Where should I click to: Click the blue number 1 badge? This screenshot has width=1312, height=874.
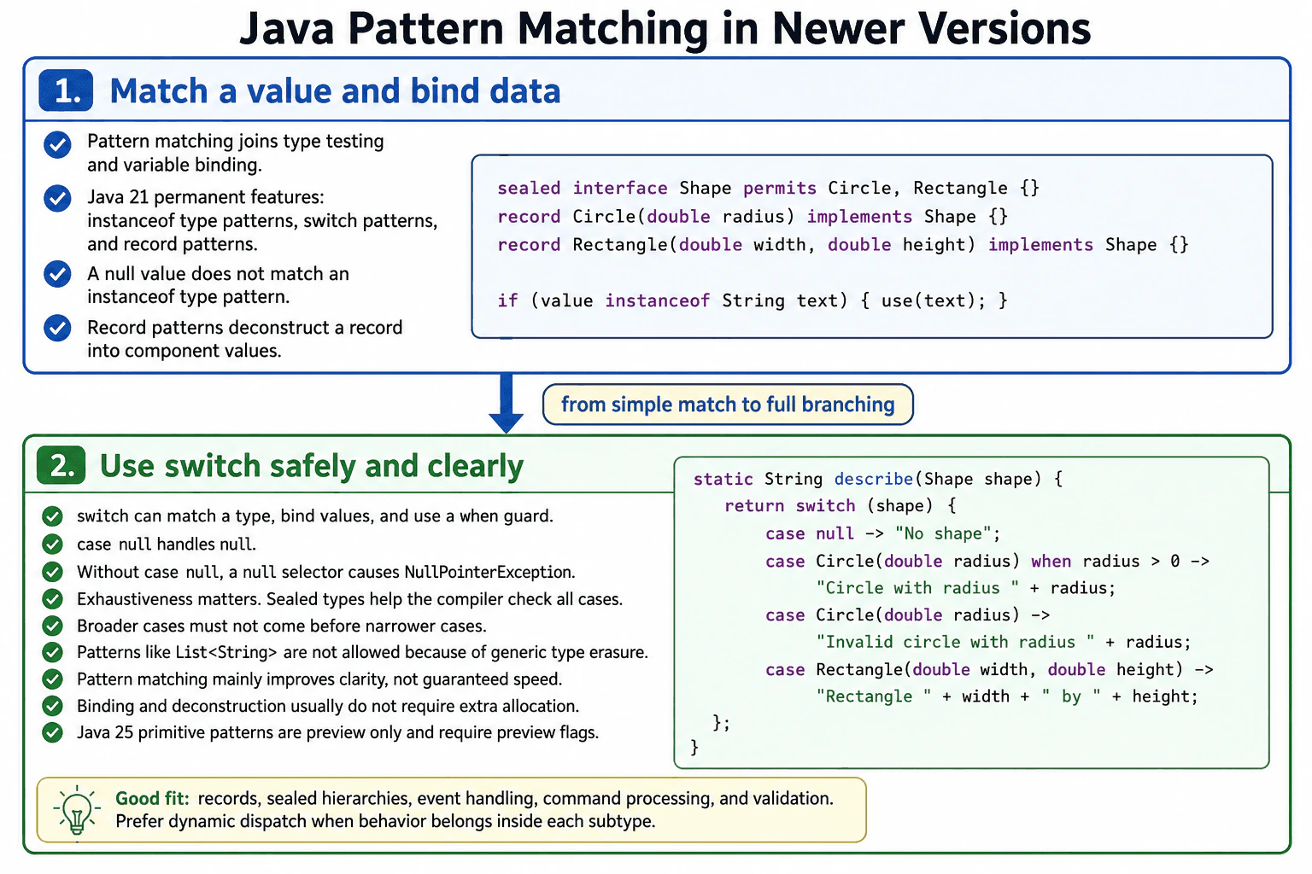pos(66,90)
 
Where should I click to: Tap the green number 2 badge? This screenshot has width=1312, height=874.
pos(61,465)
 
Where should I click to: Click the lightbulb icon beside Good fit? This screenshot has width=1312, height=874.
pos(77,811)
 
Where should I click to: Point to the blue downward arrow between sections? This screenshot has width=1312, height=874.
pos(506,404)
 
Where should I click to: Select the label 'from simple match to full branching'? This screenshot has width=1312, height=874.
pos(728,405)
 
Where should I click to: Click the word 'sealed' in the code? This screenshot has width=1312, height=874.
pos(529,188)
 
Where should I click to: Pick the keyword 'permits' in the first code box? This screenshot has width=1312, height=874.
pos(780,189)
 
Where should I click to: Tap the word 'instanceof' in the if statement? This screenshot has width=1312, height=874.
pos(657,300)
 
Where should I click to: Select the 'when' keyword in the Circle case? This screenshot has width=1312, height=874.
pos(1051,561)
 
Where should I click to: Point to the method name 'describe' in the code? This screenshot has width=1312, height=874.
pos(873,479)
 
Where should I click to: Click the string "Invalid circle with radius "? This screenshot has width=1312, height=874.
pos(955,642)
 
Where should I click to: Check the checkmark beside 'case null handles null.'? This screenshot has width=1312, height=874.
pos(53,545)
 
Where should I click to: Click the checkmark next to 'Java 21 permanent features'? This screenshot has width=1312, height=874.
pos(57,199)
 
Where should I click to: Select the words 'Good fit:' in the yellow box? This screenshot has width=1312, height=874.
pos(152,799)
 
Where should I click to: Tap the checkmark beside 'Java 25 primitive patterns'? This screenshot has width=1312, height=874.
pos(53,732)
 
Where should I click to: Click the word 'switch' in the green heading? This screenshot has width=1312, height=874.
pos(213,466)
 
